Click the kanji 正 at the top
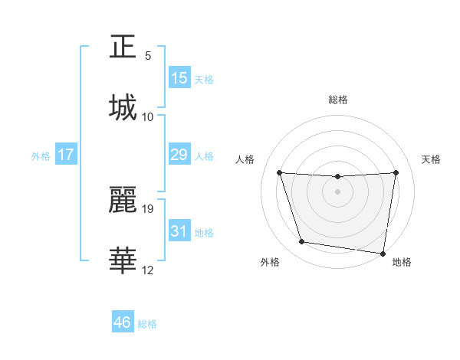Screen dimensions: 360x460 (123, 47)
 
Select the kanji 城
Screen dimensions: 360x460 (123, 108)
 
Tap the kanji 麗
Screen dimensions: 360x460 (123, 200)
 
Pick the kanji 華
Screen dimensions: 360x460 (123, 261)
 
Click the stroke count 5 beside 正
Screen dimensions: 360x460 (148, 56)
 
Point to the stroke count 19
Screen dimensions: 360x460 (148, 208)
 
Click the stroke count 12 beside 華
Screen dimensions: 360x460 (148, 270)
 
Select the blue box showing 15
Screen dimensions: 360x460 (179, 78)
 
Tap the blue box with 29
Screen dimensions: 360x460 (179, 155)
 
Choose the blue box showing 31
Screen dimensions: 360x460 (179, 231)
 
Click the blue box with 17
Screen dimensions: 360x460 (66, 155)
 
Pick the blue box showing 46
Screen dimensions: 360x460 (123, 322)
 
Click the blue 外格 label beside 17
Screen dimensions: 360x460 (41, 156)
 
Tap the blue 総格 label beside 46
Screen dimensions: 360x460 (147, 324)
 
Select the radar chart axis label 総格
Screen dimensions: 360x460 (337, 100)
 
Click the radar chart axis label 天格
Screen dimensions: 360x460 (431, 159)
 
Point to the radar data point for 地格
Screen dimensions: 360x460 (383, 253)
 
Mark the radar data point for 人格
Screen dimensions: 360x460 (279, 172)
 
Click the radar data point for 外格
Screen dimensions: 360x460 (302, 242)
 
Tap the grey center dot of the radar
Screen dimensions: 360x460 (337, 191)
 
